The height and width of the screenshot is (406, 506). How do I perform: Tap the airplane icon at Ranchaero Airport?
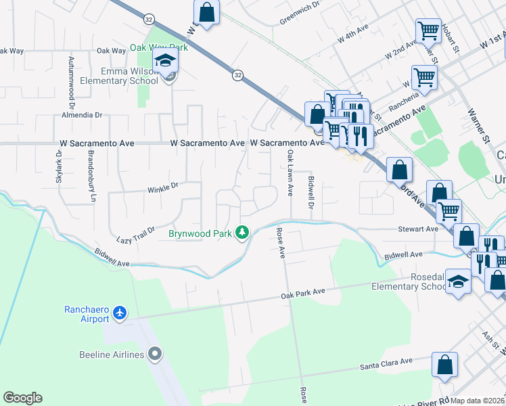point(120,313)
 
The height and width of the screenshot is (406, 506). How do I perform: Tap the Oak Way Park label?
point(158,49)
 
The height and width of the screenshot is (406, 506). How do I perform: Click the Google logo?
point(22,398)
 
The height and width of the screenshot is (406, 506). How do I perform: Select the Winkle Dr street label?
point(162,185)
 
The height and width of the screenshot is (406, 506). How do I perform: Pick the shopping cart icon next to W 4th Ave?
point(428,30)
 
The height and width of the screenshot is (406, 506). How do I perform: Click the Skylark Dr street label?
point(58,165)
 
